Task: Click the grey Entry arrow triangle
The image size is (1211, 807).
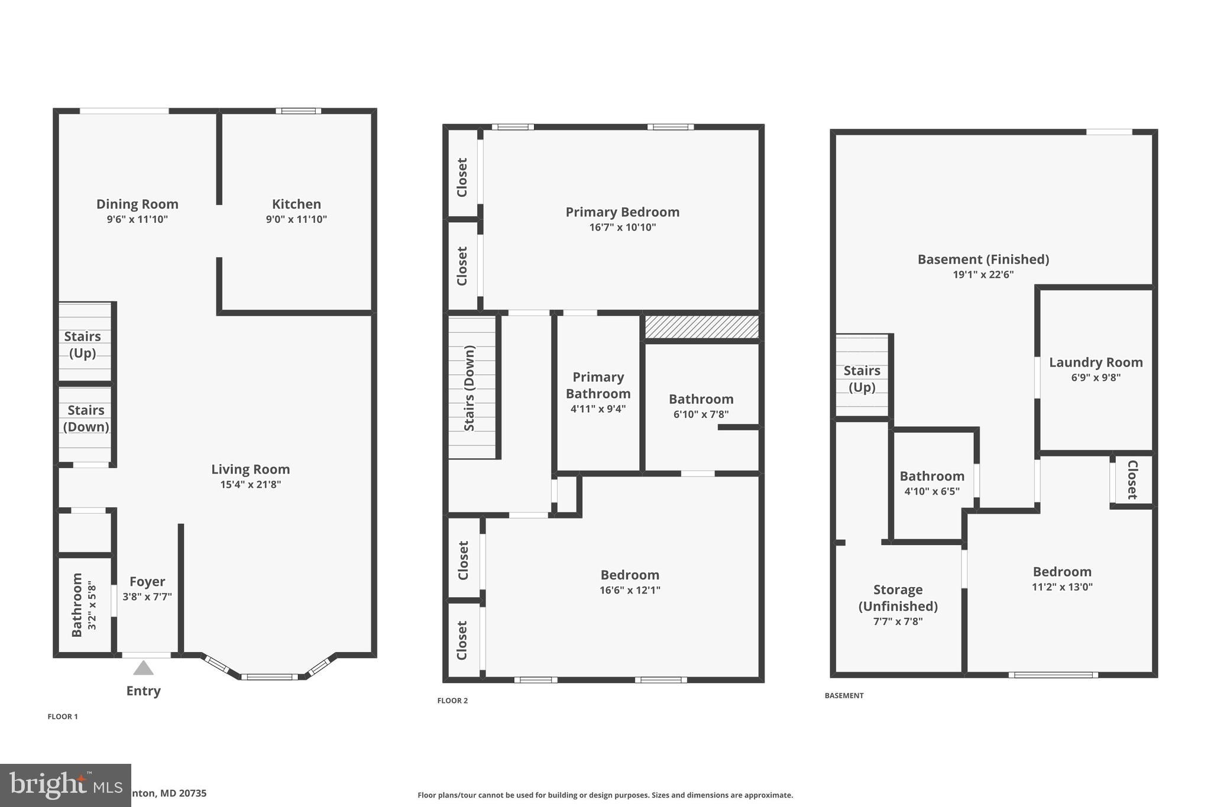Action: point(143,668)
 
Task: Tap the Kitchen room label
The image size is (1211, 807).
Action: point(296,205)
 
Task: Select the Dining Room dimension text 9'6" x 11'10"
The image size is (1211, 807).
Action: point(137,219)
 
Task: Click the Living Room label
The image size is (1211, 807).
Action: point(251,469)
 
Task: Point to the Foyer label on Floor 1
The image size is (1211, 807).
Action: point(147,582)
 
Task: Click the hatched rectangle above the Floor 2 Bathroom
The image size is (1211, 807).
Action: point(701,327)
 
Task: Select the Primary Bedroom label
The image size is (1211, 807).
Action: point(622,212)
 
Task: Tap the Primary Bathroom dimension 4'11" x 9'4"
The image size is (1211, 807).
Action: point(598,409)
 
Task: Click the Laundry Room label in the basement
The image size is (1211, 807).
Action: point(1096,362)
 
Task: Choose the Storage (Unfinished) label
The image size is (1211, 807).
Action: point(898,598)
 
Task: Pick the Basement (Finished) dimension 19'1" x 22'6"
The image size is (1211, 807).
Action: point(983,274)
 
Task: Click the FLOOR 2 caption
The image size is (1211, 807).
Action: point(452,701)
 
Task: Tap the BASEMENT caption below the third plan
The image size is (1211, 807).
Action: point(844,695)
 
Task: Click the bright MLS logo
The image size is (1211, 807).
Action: point(65,785)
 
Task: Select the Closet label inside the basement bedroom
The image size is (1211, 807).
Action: point(1132,479)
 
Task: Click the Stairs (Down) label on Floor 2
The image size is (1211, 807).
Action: point(469,388)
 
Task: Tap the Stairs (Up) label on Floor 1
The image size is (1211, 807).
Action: point(82,345)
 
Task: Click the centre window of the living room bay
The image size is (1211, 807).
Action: point(270,677)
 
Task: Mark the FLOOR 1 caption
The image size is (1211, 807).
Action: point(63,717)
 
